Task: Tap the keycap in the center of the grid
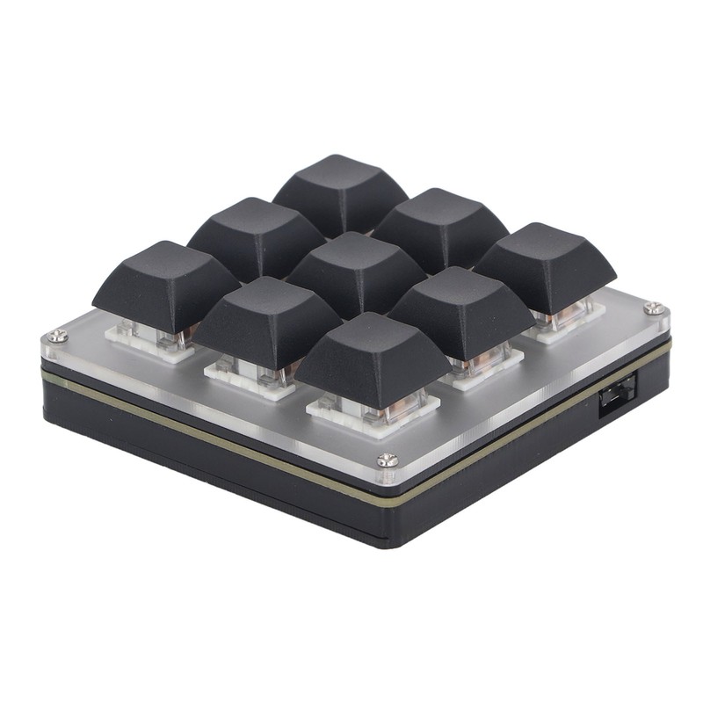356,268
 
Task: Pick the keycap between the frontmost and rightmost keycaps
461,308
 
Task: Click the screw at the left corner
58,335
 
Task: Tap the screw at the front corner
387,460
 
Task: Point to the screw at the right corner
652,308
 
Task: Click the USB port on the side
615,398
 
